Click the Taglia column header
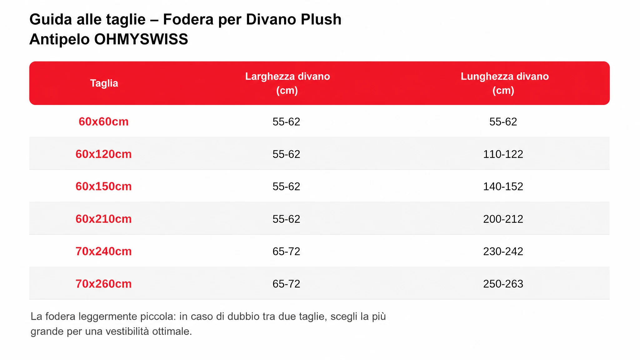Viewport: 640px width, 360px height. point(104,83)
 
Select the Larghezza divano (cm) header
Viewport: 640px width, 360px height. point(287,83)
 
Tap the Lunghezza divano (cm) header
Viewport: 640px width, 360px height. point(504,83)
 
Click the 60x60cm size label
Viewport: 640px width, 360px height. point(103,122)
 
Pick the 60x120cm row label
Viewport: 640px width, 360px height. point(103,154)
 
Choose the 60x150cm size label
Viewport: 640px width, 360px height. point(103,187)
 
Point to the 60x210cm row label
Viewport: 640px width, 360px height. point(103,219)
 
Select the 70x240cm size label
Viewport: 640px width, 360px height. point(103,252)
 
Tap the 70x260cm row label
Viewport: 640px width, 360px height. point(103,284)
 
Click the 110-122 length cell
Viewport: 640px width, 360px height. point(503,154)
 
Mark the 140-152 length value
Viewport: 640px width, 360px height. point(503,187)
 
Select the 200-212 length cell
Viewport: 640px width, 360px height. point(503,219)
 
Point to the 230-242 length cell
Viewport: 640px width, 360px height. point(503,252)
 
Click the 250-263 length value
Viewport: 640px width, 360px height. point(503,284)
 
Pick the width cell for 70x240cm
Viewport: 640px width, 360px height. point(286,252)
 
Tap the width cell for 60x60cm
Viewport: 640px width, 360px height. point(286,122)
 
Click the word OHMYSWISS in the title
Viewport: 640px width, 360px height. point(141,39)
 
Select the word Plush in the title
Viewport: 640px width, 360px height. point(321,19)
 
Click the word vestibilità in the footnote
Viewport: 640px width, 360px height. point(127,331)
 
